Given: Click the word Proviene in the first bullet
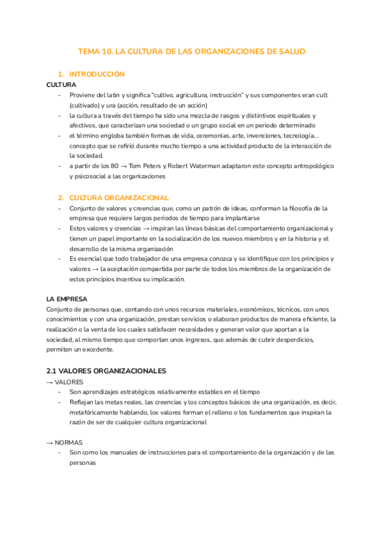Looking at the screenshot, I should point(83,95).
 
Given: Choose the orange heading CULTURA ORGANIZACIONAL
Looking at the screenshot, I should point(119,197).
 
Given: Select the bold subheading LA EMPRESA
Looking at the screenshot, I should point(67,299).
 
